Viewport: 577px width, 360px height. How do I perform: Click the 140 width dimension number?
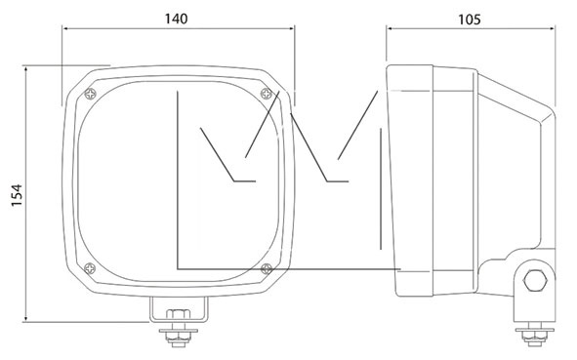click(x=176, y=19)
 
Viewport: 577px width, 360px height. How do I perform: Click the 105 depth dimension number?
click(x=470, y=20)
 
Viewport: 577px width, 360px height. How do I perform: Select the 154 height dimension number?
click(x=17, y=195)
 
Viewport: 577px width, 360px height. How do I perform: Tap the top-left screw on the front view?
click(x=90, y=94)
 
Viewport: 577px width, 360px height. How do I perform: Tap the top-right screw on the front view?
click(x=267, y=94)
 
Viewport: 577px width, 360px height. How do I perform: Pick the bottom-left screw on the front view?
click(x=90, y=268)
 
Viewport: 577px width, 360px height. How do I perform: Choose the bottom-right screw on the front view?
click(x=267, y=269)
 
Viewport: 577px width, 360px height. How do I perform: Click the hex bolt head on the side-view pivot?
click(x=535, y=280)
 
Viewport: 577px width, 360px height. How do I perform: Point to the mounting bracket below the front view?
click(x=179, y=309)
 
